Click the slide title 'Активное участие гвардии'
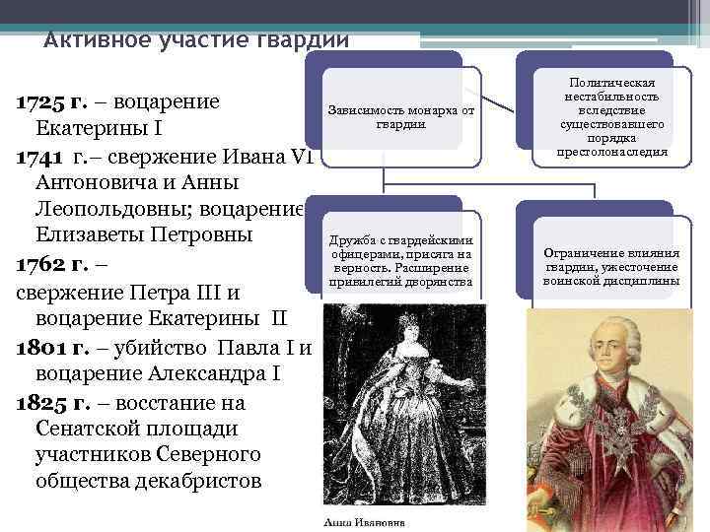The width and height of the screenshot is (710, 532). point(196,40)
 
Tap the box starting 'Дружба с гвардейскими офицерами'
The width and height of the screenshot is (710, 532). point(400,261)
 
